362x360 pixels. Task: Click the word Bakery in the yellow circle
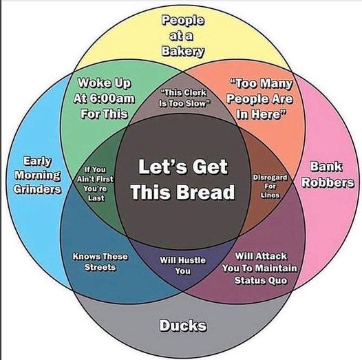coord(183,52)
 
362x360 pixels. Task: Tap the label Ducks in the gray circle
coord(183,326)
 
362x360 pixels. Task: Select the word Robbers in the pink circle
coord(328,182)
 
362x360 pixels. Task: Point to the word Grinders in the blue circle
coord(37,189)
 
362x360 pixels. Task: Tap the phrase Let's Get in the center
coord(183,167)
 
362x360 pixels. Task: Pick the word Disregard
coord(270,178)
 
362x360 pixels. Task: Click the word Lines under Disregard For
coord(270,195)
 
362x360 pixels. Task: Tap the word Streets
coord(100,267)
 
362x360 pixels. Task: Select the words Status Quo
coord(261,280)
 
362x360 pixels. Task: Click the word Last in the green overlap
coord(96,198)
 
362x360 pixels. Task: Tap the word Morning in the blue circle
coord(38,176)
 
